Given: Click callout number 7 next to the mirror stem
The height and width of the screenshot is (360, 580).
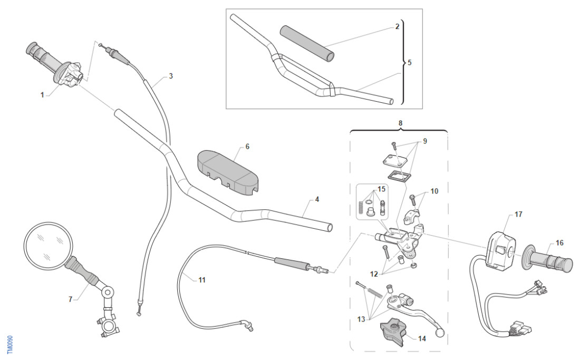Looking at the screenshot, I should point(70,299).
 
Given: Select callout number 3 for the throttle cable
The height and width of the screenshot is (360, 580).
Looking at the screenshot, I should point(170,76).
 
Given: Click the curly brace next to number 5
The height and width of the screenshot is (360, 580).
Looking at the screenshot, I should point(403,62).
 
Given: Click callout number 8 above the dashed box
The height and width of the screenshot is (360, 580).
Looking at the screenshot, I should point(400,123).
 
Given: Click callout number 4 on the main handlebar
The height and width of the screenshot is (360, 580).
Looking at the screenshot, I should point(316,199).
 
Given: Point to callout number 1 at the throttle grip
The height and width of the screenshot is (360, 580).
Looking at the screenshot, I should point(42,95).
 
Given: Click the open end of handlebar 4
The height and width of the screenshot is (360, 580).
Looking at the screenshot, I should point(330,227).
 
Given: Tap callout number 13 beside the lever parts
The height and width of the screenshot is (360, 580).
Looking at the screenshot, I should point(362,319).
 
